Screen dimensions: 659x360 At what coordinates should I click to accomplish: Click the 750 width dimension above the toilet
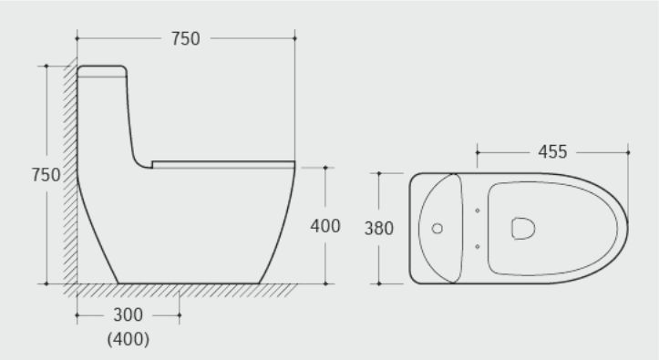[x=185, y=38]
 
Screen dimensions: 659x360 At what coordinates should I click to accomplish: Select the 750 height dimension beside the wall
[x=46, y=175]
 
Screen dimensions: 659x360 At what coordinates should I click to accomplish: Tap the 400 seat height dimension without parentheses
[x=325, y=226]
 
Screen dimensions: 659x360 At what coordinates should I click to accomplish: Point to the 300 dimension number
[x=129, y=314]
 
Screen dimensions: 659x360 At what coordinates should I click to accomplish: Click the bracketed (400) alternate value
[x=129, y=339]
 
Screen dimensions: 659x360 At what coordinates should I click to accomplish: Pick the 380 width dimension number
[x=378, y=228]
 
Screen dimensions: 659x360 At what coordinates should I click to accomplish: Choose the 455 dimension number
[x=552, y=152]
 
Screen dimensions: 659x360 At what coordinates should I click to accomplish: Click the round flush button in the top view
[x=438, y=228]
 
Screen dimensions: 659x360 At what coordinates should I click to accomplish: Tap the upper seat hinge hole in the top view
[x=478, y=211]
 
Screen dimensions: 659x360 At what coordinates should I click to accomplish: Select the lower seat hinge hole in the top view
[x=478, y=247]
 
